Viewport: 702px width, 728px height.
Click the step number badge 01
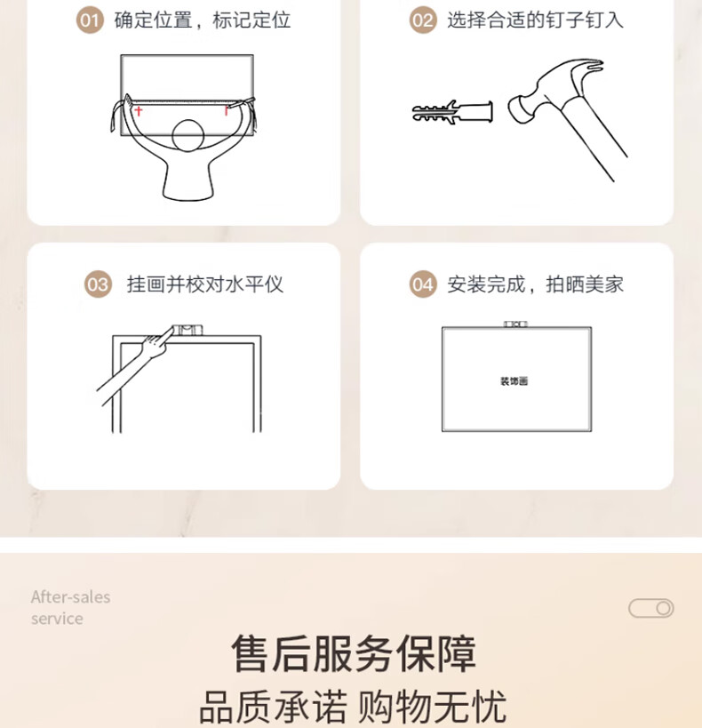(x=90, y=20)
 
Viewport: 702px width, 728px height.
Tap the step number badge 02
(x=422, y=20)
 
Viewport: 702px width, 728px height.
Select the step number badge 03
(x=98, y=284)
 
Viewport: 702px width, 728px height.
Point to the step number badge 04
(x=422, y=284)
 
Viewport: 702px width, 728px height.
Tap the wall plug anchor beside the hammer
(x=452, y=112)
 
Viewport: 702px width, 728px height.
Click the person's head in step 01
(x=188, y=136)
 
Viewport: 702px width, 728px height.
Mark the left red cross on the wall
(x=139, y=111)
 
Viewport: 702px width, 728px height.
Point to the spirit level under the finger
(x=187, y=330)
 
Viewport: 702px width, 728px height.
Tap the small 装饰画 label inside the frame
(x=514, y=381)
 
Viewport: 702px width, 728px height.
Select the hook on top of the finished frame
(x=515, y=324)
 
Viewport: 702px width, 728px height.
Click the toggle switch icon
(x=651, y=608)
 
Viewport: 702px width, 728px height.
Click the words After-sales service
(x=70, y=607)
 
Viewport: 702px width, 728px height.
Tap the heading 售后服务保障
(x=354, y=653)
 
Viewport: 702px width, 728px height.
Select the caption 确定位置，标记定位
(x=203, y=20)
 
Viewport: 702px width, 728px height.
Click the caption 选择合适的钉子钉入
(x=535, y=20)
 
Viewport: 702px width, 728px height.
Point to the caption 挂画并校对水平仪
(x=205, y=284)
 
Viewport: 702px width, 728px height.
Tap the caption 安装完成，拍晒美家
(x=535, y=284)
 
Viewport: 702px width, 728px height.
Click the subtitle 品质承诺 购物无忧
(x=353, y=707)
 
